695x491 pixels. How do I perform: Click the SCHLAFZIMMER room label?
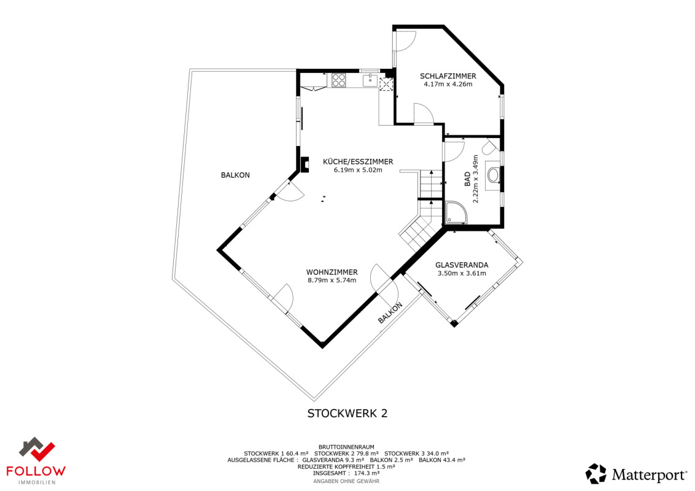click(x=448, y=76)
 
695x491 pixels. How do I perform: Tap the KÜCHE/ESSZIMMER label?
click(x=358, y=162)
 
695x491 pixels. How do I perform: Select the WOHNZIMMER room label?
click(x=332, y=272)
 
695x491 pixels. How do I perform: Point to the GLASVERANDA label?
click(x=462, y=265)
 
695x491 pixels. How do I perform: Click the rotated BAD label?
click(x=467, y=179)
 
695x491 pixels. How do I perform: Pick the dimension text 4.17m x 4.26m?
click(x=448, y=84)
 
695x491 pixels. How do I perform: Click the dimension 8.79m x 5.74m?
click(x=332, y=280)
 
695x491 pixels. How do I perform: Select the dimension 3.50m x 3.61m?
click(x=462, y=273)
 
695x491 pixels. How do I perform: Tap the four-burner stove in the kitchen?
click(x=339, y=80)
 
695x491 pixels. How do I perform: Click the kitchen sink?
click(x=370, y=80)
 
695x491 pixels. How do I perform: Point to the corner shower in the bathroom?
click(x=456, y=212)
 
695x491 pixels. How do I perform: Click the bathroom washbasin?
click(x=494, y=174)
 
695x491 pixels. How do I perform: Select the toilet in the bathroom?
click(x=490, y=147)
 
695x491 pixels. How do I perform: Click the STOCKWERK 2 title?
click(x=347, y=414)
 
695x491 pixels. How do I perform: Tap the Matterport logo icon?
click(x=596, y=474)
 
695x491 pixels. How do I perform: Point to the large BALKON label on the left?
click(x=235, y=175)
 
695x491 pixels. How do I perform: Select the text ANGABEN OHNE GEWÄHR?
click(x=346, y=481)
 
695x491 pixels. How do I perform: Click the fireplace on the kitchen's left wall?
click(x=305, y=164)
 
